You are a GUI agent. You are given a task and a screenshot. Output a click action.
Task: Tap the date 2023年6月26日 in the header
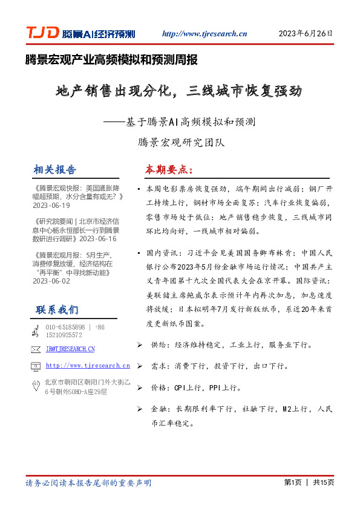pyautogui.click(x=306, y=34)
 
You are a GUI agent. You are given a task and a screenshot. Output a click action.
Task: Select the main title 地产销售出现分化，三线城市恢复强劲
pyautogui.click(x=178, y=92)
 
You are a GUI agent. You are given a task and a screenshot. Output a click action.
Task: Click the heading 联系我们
pyautogui.click(x=57, y=310)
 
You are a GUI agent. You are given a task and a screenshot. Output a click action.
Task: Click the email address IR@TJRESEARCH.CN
pyautogui.click(x=70, y=349)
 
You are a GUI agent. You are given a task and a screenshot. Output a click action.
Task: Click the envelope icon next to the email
pyautogui.click(x=36, y=349)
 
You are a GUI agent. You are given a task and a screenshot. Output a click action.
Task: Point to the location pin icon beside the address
pyautogui.click(x=36, y=386)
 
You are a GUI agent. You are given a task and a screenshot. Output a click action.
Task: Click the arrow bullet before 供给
pyautogui.click(x=140, y=345)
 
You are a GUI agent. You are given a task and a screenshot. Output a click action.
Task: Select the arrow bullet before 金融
pyautogui.click(x=140, y=409)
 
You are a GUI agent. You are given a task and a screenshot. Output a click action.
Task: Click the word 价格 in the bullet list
pyautogui.click(x=158, y=387)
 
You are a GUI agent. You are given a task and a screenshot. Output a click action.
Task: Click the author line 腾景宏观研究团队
pyautogui.click(x=181, y=143)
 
